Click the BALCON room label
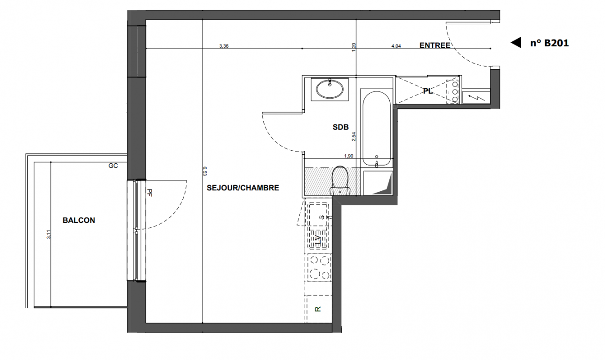pyautogui.click(x=79, y=220)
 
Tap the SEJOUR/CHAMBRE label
pyautogui.click(x=243, y=188)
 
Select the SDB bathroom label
pyautogui.click(x=341, y=127)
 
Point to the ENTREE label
pyautogui.click(x=435, y=45)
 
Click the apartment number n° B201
pyautogui.click(x=549, y=43)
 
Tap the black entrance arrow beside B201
pyautogui.click(x=516, y=43)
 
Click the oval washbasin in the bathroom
pyautogui.click(x=330, y=89)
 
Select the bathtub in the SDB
pyautogui.click(x=376, y=128)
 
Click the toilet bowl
pyautogui.click(x=340, y=180)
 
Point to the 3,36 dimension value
pyautogui.click(x=224, y=46)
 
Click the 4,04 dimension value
pyautogui.click(x=396, y=46)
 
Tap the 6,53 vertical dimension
pyautogui.click(x=205, y=171)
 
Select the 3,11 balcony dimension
pyautogui.click(x=49, y=234)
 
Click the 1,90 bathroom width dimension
pyautogui.click(x=349, y=156)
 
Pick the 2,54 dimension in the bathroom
pyautogui.click(x=354, y=136)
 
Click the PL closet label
pyautogui.click(x=428, y=91)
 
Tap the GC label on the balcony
pyautogui.click(x=113, y=166)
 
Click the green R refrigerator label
pyautogui.click(x=318, y=309)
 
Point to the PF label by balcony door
pyautogui.click(x=149, y=193)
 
